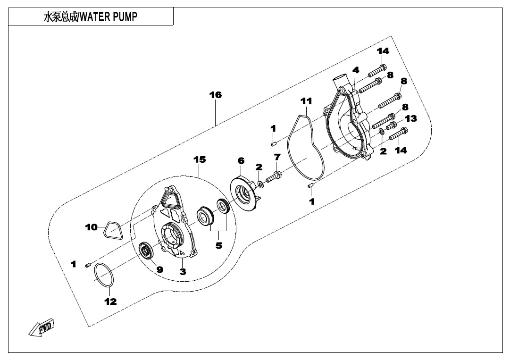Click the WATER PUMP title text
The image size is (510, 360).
pyautogui.click(x=91, y=17)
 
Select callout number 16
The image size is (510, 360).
pyautogui.click(x=215, y=95)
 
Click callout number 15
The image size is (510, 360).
pyautogui.click(x=200, y=159)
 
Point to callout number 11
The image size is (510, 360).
pyautogui.click(x=306, y=100)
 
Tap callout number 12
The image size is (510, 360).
pyautogui.click(x=110, y=301)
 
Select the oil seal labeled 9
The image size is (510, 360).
pyautogui.click(x=147, y=250)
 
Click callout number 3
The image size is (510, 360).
pyautogui.click(x=183, y=271)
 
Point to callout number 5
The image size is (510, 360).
pyautogui.click(x=218, y=245)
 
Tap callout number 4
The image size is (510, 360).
pyautogui.click(x=356, y=70)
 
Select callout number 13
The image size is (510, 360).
pyautogui.click(x=410, y=118)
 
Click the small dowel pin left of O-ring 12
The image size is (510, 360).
pyautogui.click(x=88, y=267)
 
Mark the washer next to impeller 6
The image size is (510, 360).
pyautogui.click(x=260, y=183)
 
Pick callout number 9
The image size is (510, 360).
pyautogui.click(x=159, y=269)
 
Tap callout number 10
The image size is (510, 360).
pyautogui.click(x=91, y=227)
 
